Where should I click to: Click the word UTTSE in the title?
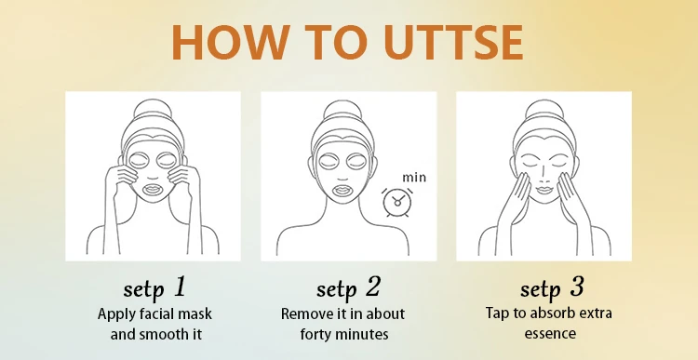(x=453, y=42)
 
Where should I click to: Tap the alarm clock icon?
(x=397, y=203)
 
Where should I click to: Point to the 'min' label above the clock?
(x=414, y=178)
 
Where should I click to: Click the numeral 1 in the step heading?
(x=180, y=287)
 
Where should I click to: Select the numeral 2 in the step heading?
(x=373, y=287)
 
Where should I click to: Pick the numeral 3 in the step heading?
(x=576, y=287)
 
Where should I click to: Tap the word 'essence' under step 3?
(x=550, y=333)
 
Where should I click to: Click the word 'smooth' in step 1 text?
(x=164, y=334)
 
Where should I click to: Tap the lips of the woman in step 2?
(x=343, y=191)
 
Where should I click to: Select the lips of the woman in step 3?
(x=544, y=190)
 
